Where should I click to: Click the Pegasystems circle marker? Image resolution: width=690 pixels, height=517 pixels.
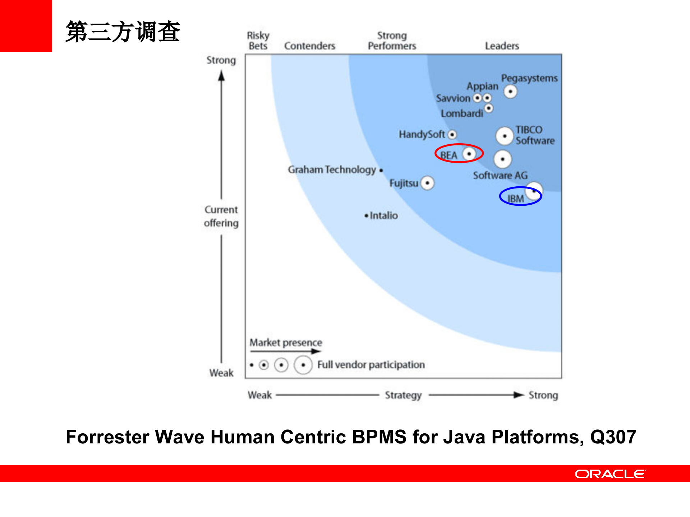coord(510,92)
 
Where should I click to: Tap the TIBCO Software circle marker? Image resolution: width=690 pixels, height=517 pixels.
coord(505,136)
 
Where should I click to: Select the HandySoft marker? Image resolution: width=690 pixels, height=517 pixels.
coord(452,135)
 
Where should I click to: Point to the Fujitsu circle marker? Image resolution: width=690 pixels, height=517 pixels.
coord(427,183)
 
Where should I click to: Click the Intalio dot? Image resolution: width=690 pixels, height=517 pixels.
coord(366,216)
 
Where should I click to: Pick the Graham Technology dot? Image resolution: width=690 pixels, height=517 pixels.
coord(381,170)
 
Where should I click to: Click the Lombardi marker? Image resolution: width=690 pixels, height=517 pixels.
coord(489,108)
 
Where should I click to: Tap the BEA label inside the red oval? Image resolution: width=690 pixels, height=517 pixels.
coord(448,155)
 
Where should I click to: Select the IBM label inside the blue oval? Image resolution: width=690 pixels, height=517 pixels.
coord(515,199)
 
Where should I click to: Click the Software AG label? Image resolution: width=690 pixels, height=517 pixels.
coord(500,176)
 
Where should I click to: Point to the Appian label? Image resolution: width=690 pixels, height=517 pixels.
coord(482,86)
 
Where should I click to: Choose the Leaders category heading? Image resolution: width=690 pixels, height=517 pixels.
coord(502,46)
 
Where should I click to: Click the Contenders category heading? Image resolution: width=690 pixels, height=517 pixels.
coord(309,46)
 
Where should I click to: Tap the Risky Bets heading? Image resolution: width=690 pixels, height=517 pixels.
coord(258,41)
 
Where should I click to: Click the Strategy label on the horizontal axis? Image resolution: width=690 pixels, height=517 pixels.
coord(403,395)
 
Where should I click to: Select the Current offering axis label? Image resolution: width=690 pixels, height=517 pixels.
coord(221,216)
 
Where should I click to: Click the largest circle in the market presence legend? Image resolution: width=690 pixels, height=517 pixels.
coord(303,365)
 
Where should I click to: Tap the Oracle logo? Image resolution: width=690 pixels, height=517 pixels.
coord(610,474)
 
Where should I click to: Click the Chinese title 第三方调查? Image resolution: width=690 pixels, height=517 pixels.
coord(123,32)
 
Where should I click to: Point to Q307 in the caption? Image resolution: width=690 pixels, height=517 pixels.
coord(613,437)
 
